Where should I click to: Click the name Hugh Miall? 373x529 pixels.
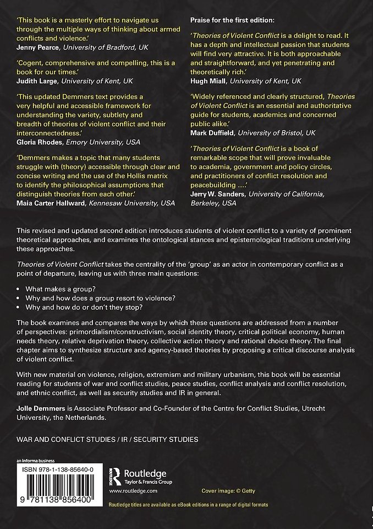tap(207, 80)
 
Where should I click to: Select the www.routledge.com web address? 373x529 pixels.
tap(133, 490)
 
